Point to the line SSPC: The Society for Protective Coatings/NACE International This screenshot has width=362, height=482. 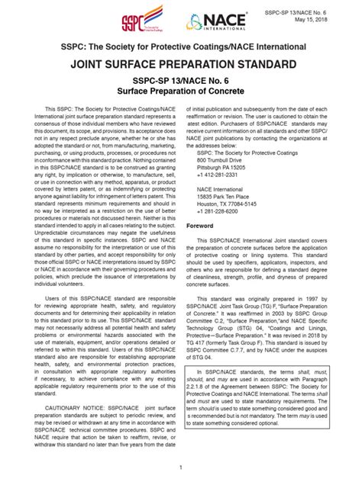181,48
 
